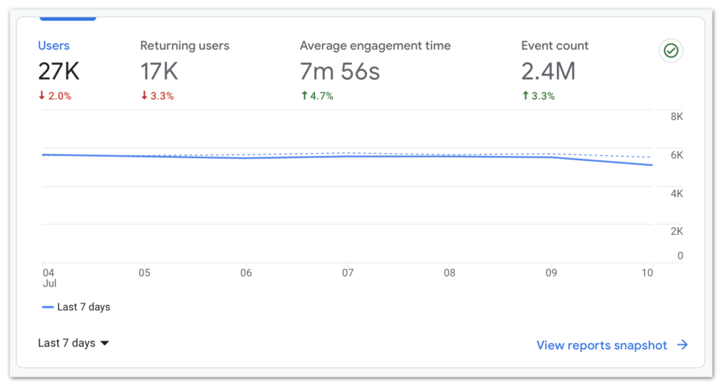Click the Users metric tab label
[54, 46]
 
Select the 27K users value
[59, 71]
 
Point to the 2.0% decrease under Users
[55, 96]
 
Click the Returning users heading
[184, 46]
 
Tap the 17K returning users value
[159, 71]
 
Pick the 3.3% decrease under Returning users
[157, 96]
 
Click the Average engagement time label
[375, 46]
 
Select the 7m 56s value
[340, 71]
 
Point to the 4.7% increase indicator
[317, 96]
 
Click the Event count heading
[554, 46]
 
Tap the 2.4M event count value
[548, 71]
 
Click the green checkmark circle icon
[671, 51]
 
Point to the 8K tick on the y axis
[676, 117]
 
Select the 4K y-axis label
[676, 193]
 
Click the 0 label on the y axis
[680, 256]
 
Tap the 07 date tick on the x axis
[347, 273]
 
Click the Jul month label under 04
[49, 284]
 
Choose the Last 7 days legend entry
[76, 308]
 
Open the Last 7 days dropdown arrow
[104, 344]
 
